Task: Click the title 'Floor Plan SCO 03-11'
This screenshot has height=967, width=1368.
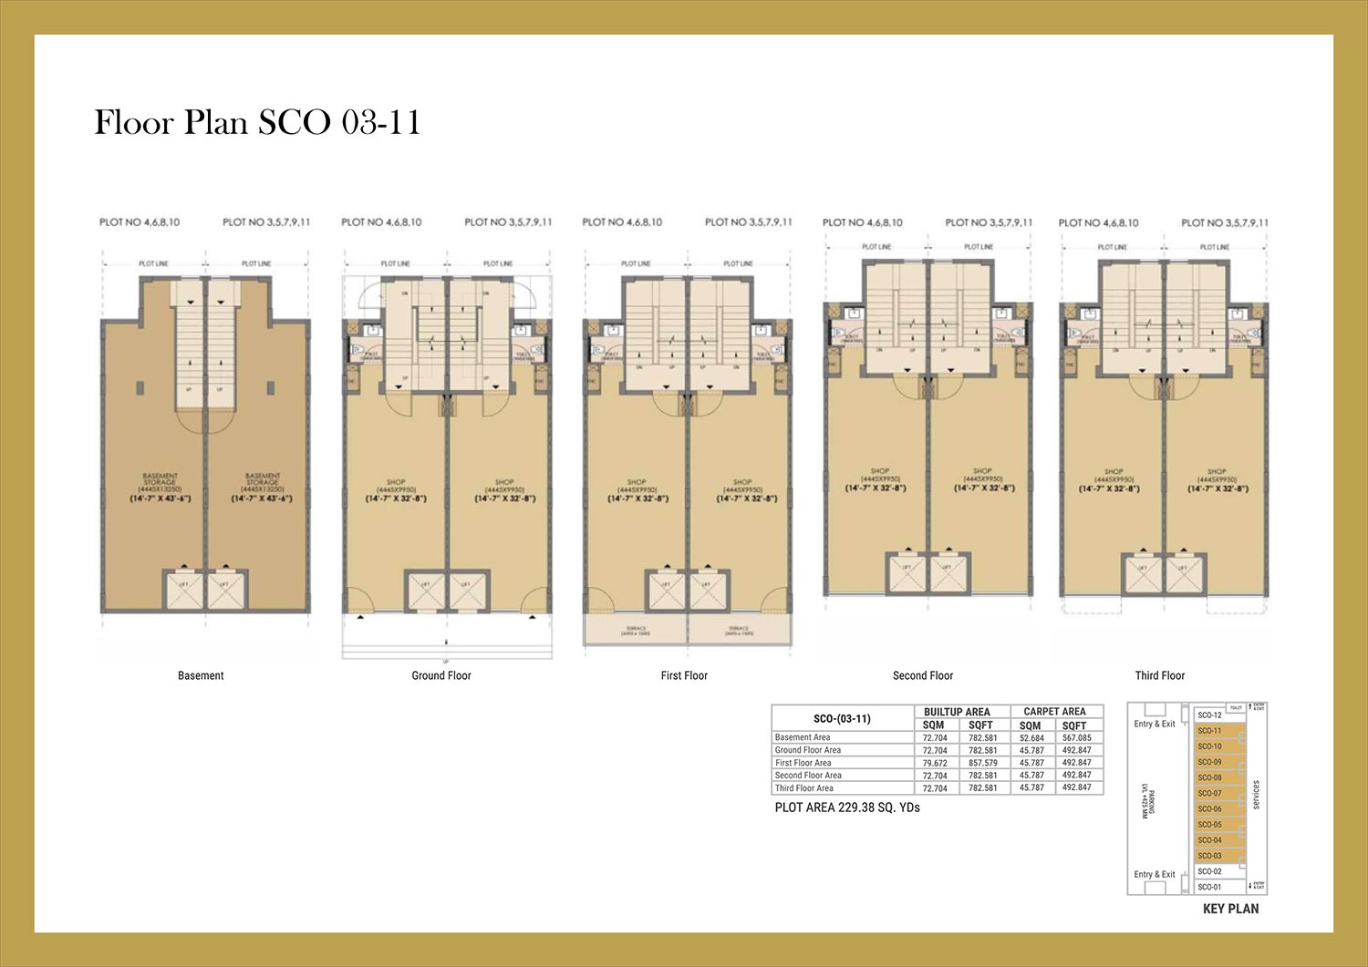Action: [x=257, y=122]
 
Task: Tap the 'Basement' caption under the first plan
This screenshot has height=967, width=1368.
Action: [x=201, y=675]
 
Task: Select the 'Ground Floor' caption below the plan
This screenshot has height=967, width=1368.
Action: [x=441, y=675]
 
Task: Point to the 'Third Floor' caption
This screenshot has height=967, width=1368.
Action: [x=1160, y=675]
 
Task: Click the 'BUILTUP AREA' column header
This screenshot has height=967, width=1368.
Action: [x=957, y=712]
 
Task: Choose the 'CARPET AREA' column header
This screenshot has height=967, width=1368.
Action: [x=1054, y=712]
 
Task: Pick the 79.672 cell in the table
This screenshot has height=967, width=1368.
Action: [x=935, y=763]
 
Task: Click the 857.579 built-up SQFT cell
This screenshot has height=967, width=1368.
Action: [x=982, y=763]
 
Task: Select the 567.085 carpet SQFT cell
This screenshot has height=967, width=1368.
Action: [x=1076, y=737]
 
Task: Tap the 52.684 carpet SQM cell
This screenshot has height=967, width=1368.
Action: [x=1031, y=737]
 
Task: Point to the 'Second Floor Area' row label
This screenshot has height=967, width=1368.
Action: [x=808, y=776]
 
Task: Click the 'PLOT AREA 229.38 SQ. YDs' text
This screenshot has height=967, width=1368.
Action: [x=847, y=808]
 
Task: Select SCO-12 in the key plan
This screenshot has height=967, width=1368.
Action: [x=1209, y=715]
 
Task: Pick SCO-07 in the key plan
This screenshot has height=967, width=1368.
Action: [x=1209, y=793]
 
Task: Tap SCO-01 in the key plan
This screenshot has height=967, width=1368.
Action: [x=1209, y=887]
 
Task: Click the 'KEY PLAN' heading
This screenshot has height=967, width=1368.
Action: [x=1230, y=909]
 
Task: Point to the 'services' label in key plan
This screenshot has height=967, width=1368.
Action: [x=1256, y=795]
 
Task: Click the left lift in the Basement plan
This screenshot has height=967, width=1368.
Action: [x=183, y=591]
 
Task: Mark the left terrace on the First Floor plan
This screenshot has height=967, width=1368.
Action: [x=637, y=630]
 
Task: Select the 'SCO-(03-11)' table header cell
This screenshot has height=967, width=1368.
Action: [x=842, y=718]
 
